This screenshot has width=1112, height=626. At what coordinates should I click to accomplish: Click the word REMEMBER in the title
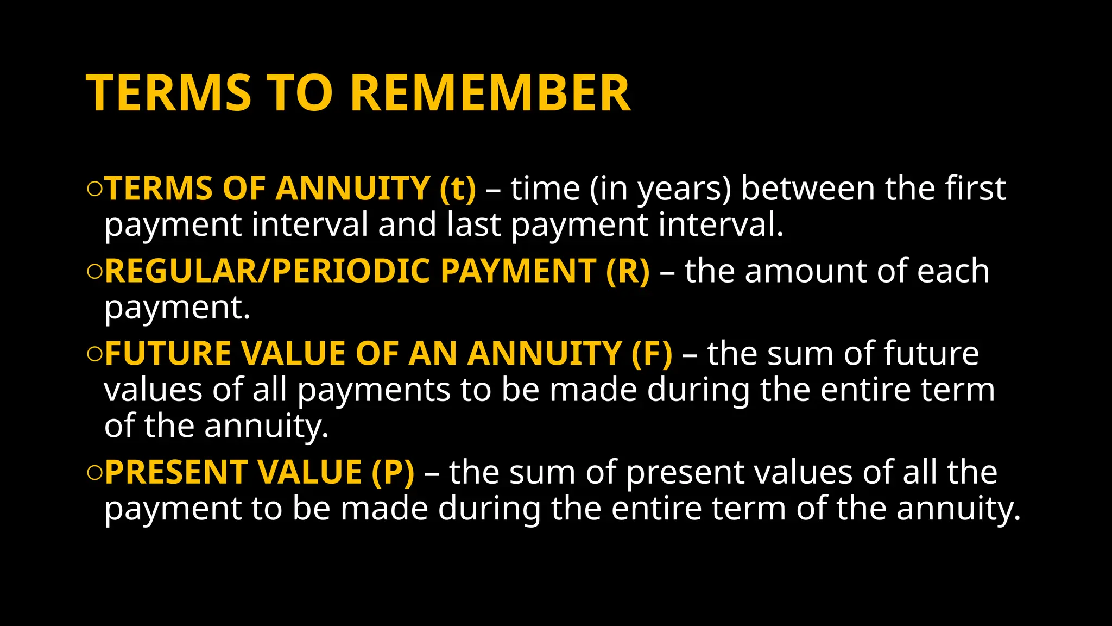pos(491,93)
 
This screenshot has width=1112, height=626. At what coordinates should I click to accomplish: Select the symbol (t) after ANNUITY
pos(458,189)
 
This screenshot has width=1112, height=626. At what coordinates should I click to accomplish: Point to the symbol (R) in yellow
pos(628,271)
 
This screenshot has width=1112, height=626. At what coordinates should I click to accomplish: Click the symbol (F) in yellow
pos(652,354)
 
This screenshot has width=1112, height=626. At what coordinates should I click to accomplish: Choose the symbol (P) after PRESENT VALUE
pos(393,472)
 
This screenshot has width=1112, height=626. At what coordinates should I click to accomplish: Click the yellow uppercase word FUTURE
pos(167,354)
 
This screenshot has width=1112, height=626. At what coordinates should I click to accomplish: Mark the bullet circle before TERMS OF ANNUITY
pos(94,189)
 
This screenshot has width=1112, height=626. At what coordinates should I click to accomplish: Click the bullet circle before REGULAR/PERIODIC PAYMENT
pos(94,272)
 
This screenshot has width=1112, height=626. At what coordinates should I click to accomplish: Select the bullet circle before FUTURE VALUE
pos(94,354)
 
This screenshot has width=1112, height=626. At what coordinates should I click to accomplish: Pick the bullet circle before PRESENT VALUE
pos(94,473)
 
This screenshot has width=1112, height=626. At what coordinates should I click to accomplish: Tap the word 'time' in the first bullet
pos(545,189)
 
